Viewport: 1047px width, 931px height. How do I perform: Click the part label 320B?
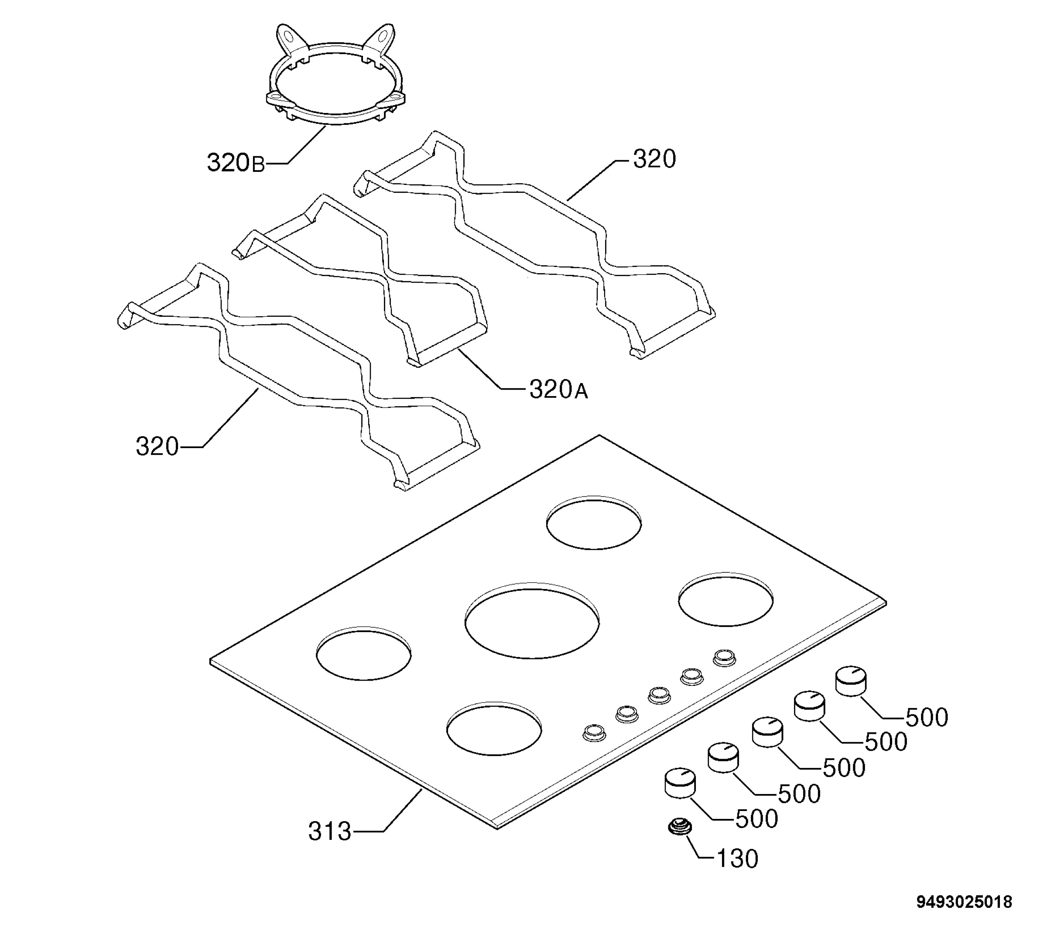pos(236,163)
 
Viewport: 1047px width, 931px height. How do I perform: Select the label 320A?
pos(558,390)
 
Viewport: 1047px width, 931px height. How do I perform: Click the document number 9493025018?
pos(964,902)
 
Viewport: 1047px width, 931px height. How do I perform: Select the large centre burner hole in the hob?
pos(532,620)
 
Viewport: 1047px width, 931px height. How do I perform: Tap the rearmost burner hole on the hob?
pos(594,523)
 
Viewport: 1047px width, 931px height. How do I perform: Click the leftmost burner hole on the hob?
pos(364,653)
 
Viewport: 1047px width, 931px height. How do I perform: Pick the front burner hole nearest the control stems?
pos(494,729)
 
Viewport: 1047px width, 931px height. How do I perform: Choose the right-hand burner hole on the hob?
pos(726,599)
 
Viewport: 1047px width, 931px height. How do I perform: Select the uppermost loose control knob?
pos(851,681)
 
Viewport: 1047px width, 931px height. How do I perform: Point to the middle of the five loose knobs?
pos(767,732)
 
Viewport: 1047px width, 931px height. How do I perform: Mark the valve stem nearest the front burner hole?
pos(594,732)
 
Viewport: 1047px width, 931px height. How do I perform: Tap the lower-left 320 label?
pos(157,446)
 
